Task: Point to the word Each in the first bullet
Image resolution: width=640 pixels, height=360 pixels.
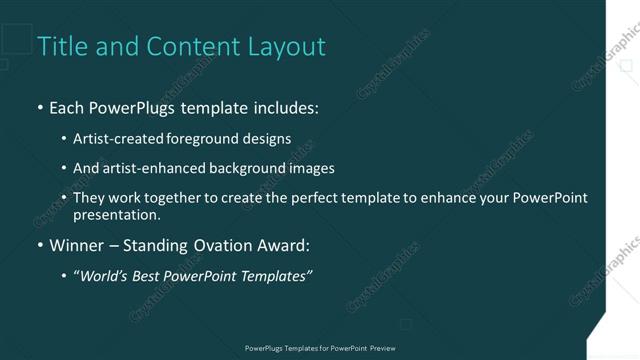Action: point(68,107)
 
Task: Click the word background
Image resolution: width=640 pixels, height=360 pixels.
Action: point(249,168)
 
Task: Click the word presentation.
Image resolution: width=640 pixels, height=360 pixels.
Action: point(116,214)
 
